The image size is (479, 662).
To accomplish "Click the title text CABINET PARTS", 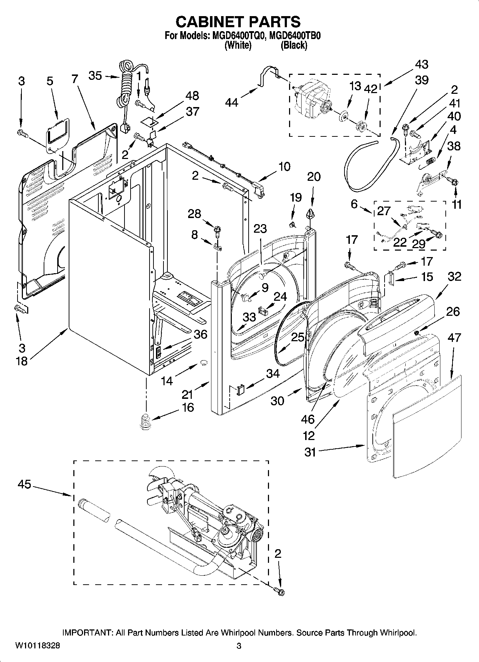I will pos(238,22).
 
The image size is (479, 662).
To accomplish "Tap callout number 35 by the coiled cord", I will pos(95,76).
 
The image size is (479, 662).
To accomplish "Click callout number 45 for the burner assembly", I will pos(25,485).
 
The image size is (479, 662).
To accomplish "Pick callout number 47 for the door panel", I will pos(454,338).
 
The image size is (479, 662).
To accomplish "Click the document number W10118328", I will pos(38,646).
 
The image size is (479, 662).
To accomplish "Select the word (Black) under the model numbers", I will pos(294,45).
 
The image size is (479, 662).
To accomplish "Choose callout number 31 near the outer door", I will pos(310,452).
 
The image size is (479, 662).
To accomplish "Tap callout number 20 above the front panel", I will pos(314,177).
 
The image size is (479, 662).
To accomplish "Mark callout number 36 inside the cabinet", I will pos(200,334).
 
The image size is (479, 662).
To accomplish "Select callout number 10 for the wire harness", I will pos(284,167).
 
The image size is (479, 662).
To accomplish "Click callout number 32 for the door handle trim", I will pos(454,276).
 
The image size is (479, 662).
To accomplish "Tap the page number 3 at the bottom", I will pos(239,646).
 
